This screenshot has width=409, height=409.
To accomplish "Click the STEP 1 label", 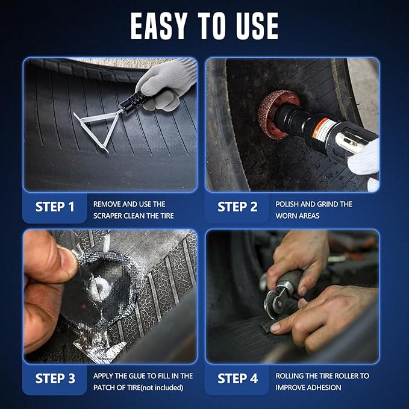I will click(55, 207).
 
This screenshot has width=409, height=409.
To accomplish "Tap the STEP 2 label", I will click(237, 207).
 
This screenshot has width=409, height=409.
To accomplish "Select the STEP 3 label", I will click(55, 379).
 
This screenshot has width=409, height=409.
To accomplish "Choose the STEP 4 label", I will click(237, 379).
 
